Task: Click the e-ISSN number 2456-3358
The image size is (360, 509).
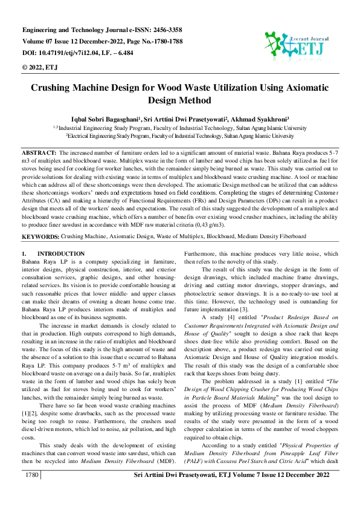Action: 163,30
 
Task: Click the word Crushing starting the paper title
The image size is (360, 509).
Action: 55,88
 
